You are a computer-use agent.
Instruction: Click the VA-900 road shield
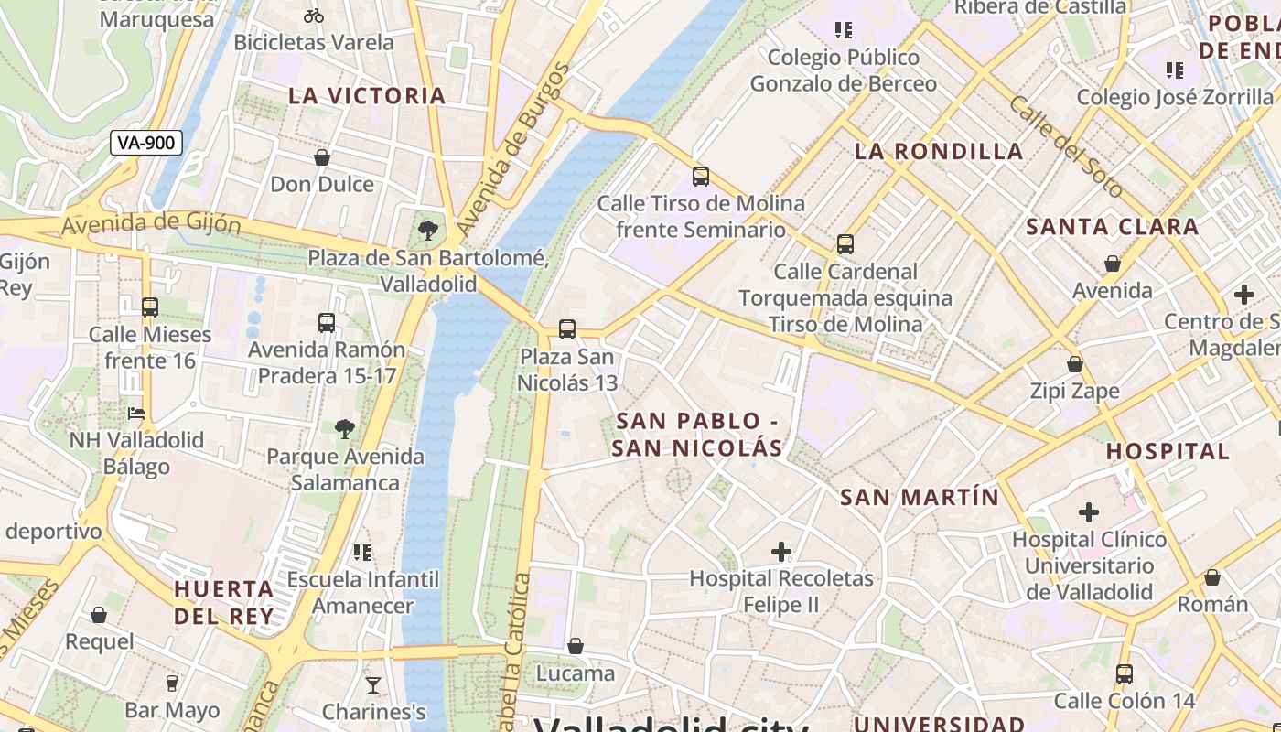point(146,143)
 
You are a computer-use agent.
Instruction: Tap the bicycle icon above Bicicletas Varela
point(314,16)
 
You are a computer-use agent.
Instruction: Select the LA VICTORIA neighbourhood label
point(367,96)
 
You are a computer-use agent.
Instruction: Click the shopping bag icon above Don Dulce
point(322,157)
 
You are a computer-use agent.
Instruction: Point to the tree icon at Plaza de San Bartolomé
point(427,230)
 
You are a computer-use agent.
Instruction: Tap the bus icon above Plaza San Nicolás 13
point(567,328)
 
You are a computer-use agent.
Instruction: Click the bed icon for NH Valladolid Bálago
point(136,414)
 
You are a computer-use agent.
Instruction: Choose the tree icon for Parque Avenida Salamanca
point(345,428)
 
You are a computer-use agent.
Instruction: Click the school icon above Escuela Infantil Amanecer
point(362,552)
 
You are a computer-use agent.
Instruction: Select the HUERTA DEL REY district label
point(224,602)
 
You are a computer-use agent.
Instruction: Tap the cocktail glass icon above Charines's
point(373,684)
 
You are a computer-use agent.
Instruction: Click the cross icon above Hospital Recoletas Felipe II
point(781,551)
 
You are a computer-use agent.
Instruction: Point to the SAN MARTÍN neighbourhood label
point(920,498)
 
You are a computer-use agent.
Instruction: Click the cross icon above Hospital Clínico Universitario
point(1089,511)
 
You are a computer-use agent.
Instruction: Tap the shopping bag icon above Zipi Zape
point(1075,364)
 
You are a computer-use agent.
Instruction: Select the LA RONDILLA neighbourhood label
point(939,152)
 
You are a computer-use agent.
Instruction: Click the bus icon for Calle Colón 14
point(1125,674)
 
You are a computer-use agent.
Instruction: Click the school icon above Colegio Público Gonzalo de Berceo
point(844,30)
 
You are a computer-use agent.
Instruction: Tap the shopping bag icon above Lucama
point(576,647)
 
